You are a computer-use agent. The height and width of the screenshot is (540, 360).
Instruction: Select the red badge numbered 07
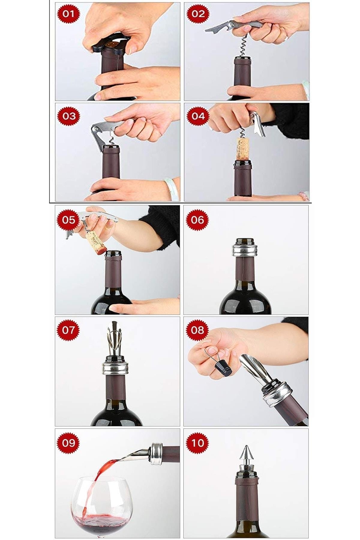[68, 330]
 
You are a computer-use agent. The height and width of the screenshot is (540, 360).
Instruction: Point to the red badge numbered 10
[197, 442]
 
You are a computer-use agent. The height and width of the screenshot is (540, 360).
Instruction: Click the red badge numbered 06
[197, 220]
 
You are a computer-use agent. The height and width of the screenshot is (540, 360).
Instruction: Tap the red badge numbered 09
[68, 442]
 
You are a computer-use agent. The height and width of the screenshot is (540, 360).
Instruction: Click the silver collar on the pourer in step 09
[157, 454]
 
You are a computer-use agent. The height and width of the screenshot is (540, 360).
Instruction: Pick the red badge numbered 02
[198, 14]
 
